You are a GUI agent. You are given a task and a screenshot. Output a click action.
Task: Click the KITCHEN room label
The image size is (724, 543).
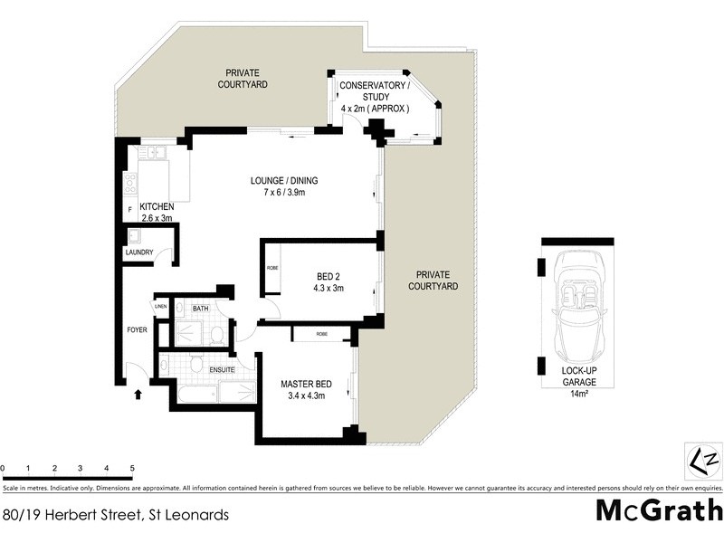point(156,207)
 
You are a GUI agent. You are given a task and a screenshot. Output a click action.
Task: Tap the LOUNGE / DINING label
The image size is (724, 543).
point(284,180)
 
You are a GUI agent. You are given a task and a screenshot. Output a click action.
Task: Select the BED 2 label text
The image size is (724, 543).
point(329,276)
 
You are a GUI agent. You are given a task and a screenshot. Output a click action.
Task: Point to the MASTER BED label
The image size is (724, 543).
point(306,384)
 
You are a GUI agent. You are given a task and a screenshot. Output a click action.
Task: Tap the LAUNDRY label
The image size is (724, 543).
point(139,252)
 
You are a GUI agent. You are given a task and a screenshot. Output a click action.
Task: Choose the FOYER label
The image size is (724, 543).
point(137,329)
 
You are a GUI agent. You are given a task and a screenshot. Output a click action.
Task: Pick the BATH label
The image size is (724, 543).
point(199,309)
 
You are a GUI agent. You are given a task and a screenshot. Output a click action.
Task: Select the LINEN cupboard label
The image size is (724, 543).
point(161,308)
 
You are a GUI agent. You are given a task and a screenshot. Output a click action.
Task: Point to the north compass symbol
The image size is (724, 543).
point(702,462)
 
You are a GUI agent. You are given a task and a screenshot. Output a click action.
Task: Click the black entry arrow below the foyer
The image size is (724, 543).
point(138,394)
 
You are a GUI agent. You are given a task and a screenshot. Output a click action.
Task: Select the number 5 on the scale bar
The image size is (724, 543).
point(133,468)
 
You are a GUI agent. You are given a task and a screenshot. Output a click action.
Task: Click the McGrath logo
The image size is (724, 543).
point(658,510)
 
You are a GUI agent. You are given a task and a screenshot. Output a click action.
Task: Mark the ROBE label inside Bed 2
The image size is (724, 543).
point(272,269)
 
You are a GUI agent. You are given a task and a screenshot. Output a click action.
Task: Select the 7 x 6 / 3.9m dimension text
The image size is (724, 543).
point(284,193)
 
